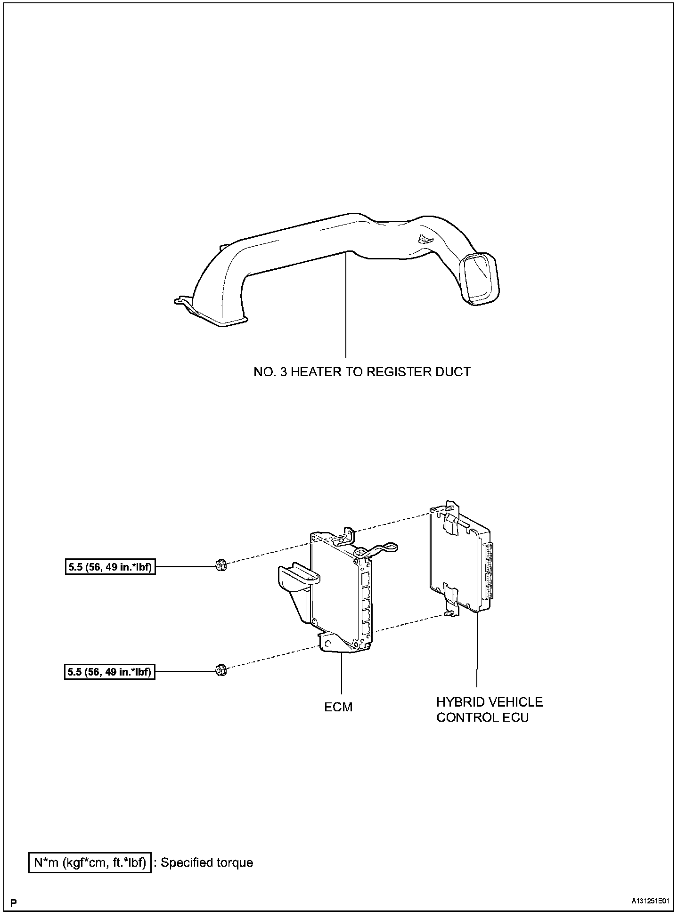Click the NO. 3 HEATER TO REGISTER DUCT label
pos(362,372)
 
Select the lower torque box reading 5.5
pos(110,671)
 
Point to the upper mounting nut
pos(220,565)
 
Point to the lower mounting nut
pos(220,669)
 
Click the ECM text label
pos(338,707)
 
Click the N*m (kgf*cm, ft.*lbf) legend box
pos(90,862)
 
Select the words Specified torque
pos(207,862)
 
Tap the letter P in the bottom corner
pos(14,902)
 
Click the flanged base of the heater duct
pos(212,313)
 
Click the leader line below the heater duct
pos(346,306)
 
